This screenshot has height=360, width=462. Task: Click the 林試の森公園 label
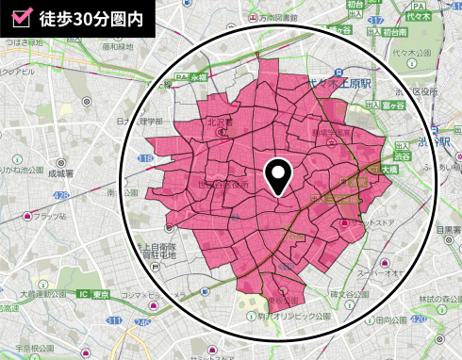pyautogui.click(x=437, y=299)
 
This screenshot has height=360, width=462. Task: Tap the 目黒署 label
pyautogui.click(x=447, y=228)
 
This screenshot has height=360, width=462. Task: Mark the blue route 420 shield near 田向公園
pyautogui.click(x=418, y=320)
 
